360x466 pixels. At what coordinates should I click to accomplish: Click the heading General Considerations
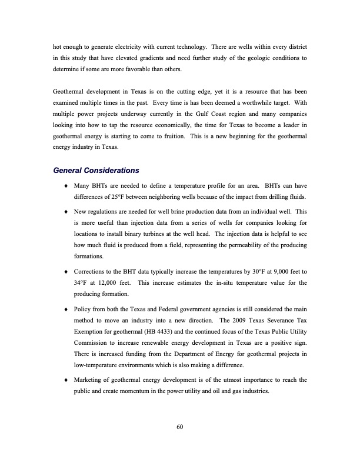pyautogui.click(x=96, y=171)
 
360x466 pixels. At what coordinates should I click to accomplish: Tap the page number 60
pyautogui.click(x=180, y=427)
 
